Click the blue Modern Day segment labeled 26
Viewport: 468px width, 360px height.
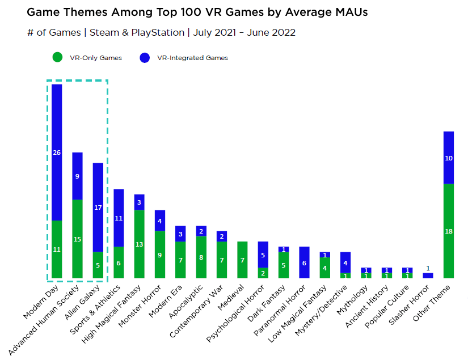point(57,152)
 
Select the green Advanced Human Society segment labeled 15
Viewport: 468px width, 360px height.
point(77,239)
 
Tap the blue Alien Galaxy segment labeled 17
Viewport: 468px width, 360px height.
point(98,207)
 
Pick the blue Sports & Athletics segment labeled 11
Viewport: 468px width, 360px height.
point(119,218)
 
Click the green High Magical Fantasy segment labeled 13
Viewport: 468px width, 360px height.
point(139,244)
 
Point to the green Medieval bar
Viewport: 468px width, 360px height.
point(242,260)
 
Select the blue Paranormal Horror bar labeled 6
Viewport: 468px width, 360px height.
point(304,262)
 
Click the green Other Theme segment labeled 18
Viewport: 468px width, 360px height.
point(448,231)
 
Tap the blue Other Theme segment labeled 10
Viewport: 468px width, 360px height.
point(448,158)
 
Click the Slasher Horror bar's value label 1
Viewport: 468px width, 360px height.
point(428,268)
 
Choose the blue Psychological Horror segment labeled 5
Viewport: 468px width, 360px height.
point(263,255)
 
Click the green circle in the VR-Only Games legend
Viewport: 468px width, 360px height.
point(57,58)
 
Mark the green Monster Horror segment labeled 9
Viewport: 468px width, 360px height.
point(160,255)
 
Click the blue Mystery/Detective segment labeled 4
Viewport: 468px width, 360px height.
point(345,262)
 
